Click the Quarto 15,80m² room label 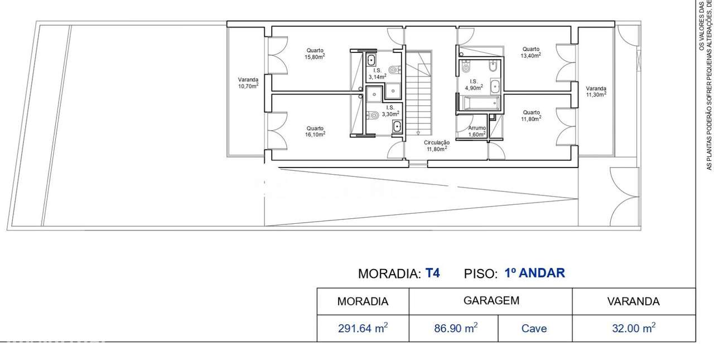(x=315, y=54)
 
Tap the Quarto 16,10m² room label (x=315, y=131)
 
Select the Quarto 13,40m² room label (x=530, y=52)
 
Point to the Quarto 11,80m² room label (x=530, y=116)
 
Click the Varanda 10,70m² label (x=248, y=83)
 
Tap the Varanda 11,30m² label (x=596, y=92)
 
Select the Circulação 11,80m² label (x=436, y=146)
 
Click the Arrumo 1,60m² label (x=476, y=131)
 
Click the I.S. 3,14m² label (x=377, y=73)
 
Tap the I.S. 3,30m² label (x=390, y=111)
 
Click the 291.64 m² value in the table (x=363, y=328)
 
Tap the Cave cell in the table (x=534, y=329)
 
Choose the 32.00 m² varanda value (x=633, y=328)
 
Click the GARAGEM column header (x=491, y=300)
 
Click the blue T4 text (x=432, y=273)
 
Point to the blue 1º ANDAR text (x=534, y=273)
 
